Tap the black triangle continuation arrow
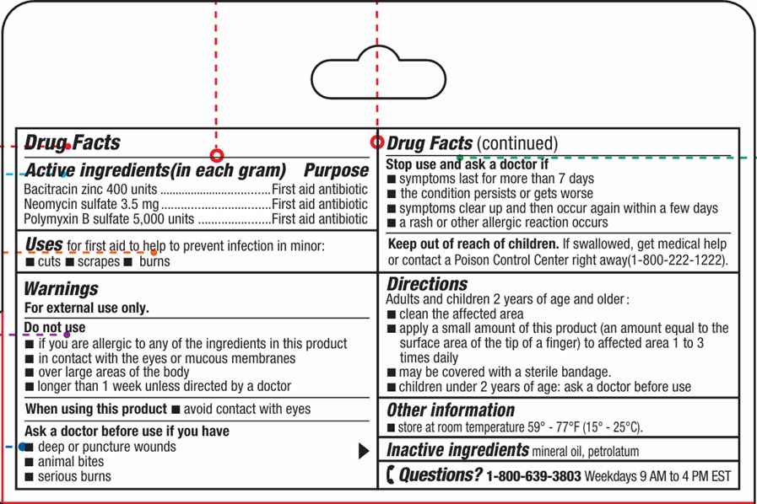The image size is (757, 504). coord(364,451)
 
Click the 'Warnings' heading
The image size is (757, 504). coord(61,289)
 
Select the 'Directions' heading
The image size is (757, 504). coord(427,284)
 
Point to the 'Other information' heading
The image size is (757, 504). coord(451,410)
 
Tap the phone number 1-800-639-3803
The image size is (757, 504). coord(533,476)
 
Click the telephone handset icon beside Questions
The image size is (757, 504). coord(389,475)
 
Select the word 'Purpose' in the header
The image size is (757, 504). coord(336,169)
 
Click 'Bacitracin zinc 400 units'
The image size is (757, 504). coord(91,189)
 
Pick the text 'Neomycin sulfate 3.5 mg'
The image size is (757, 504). coord(91,204)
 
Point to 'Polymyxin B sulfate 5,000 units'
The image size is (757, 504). coord(109,219)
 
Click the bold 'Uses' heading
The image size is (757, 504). coord(44,244)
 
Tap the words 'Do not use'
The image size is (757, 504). coord(54,327)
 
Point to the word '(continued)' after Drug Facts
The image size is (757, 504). coord(517,144)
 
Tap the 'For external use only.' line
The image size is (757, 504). coord(86,308)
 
